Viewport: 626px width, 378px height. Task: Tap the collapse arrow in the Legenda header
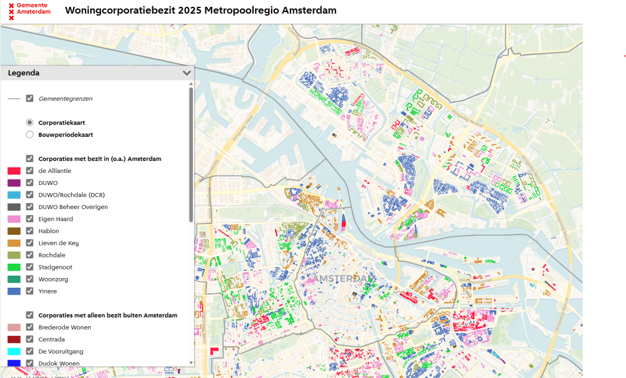pos(186,73)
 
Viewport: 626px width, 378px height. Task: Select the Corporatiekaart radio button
pos(30,122)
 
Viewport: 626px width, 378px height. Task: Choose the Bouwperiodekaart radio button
pos(30,134)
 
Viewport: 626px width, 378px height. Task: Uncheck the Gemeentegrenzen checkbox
pos(30,99)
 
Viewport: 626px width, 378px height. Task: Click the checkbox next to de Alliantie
pos(30,171)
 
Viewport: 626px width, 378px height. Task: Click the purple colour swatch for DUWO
pos(14,183)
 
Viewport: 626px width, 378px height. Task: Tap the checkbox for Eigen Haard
pos(30,219)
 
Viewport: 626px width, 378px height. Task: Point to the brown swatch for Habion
pos(14,231)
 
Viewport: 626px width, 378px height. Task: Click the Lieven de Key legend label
pos(59,243)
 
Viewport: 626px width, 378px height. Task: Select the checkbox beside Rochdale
pos(30,255)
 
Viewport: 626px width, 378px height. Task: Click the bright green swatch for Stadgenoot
pos(14,267)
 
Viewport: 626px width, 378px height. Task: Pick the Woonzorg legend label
pos(52,279)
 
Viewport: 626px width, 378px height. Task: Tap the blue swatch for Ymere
pos(14,291)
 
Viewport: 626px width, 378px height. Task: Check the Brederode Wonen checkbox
pos(30,327)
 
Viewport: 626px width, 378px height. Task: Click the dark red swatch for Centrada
pos(14,340)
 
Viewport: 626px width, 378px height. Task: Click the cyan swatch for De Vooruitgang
pos(14,352)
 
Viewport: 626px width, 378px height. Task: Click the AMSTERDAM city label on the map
pos(344,279)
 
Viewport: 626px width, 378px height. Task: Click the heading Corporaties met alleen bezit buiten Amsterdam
pos(107,315)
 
